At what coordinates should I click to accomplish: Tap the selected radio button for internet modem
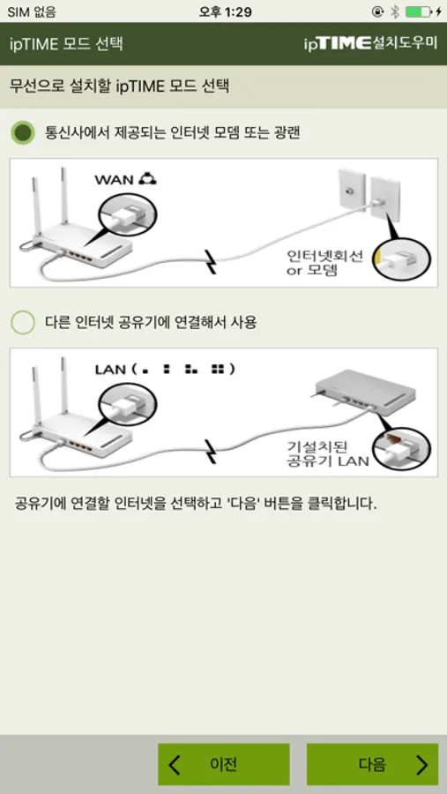pos(23,133)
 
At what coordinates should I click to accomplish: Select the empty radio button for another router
pos(23,323)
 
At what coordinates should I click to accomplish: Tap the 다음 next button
pos(372,764)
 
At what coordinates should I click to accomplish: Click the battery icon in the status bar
pos(419,11)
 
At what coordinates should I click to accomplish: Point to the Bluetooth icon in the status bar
pos(395,11)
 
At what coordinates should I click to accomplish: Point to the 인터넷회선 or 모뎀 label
pos(324,262)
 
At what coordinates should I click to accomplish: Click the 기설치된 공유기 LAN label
pos(327,453)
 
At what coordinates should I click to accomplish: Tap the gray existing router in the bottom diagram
pos(366,388)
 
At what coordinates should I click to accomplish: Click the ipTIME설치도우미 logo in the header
pos(370,43)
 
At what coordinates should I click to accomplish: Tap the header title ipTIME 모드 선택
pos(66,43)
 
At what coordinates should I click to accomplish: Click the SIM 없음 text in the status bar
pos(32,11)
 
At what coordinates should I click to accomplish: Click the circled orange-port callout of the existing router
pos(402,449)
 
